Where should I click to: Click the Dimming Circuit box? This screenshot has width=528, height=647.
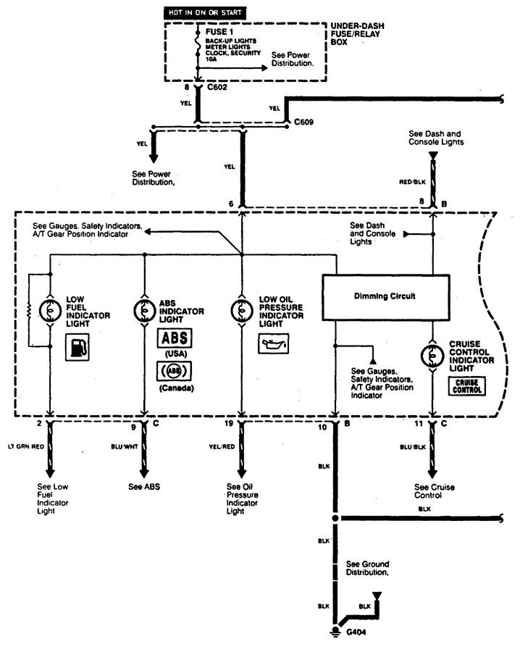pos(385,296)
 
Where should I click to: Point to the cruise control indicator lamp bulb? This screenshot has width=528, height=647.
pos(433,356)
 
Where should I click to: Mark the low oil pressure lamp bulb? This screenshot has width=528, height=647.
pos(242,309)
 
